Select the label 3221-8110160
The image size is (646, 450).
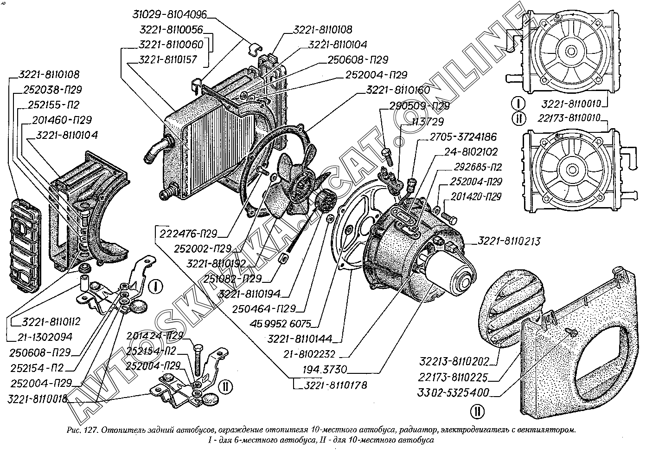click(397, 90)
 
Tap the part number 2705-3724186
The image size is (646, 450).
click(463, 137)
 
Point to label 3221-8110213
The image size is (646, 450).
click(509, 242)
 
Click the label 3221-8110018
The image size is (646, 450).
click(38, 399)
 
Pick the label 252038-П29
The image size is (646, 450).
click(52, 90)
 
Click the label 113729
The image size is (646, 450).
click(428, 122)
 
